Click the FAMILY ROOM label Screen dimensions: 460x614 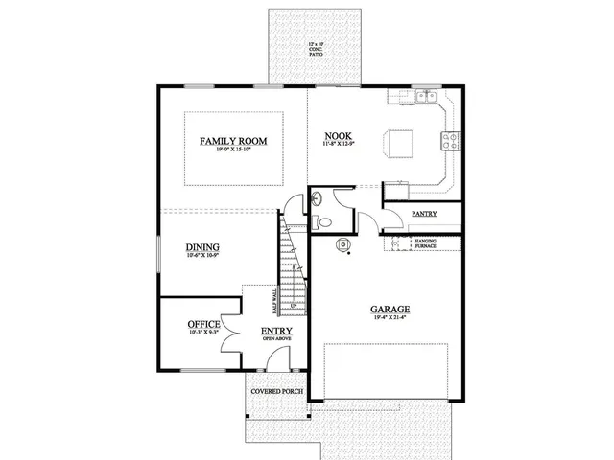(x=233, y=141)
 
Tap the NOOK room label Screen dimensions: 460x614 (x=335, y=137)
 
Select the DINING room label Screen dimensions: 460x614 (x=202, y=246)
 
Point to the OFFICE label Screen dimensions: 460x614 (x=203, y=324)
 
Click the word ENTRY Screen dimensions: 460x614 (x=277, y=332)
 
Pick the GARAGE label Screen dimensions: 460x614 (x=390, y=309)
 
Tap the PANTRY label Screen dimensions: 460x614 (x=425, y=213)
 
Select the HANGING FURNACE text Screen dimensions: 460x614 (x=426, y=243)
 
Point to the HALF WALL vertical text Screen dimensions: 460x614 (x=274, y=301)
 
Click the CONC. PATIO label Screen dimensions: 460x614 (x=316, y=50)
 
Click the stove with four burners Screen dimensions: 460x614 (x=448, y=141)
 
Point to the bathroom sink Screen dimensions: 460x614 (x=316, y=199)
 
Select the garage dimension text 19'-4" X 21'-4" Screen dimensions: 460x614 (x=390, y=319)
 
